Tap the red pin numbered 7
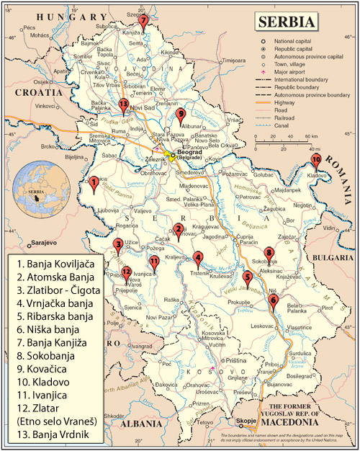pos(143,20)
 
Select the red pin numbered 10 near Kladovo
pos(315,161)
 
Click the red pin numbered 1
pos(94,184)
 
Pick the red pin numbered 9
pos(181,115)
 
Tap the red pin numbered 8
pos(269,253)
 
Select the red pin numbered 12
pos(126,272)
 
